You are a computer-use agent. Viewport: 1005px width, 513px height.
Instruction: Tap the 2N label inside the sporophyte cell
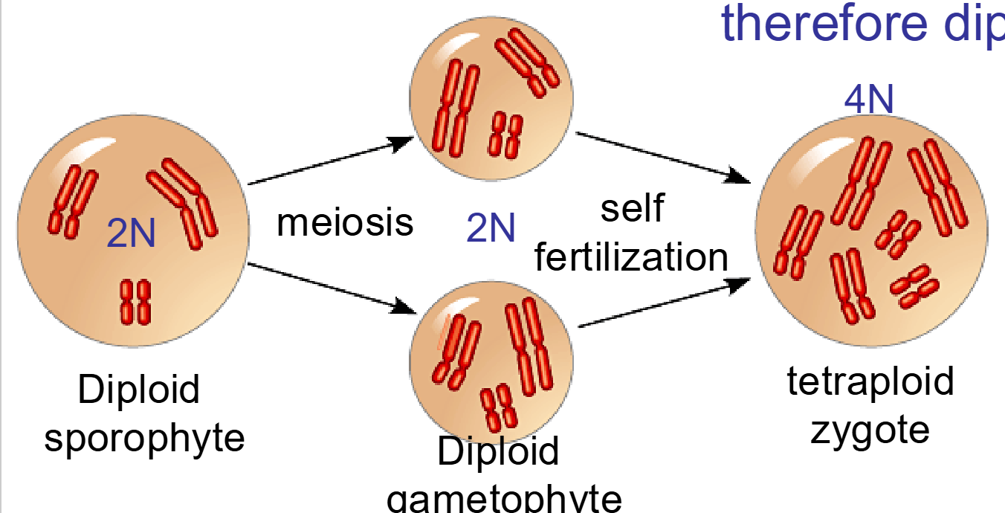click(131, 233)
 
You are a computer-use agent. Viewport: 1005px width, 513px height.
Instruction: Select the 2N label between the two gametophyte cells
click(491, 228)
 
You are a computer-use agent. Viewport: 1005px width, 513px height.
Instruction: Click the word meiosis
click(345, 222)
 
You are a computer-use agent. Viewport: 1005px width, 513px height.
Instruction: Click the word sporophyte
click(144, 439)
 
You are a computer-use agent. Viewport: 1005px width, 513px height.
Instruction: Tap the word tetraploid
click(870, 381)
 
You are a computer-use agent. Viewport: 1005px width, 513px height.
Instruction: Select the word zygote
click(870, 429)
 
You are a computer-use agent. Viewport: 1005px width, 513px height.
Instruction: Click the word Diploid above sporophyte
click(139, 390)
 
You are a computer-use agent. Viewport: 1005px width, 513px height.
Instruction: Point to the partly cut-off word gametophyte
click(504, 498)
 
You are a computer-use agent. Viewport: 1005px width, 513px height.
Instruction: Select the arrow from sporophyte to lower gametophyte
click(330, 286)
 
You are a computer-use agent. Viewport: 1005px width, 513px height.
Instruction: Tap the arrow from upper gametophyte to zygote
click(662, 157)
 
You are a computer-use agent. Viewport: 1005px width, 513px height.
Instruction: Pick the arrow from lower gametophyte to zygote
click(662, 303)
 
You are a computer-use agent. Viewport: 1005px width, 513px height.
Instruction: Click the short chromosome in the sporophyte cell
click(135, 301)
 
